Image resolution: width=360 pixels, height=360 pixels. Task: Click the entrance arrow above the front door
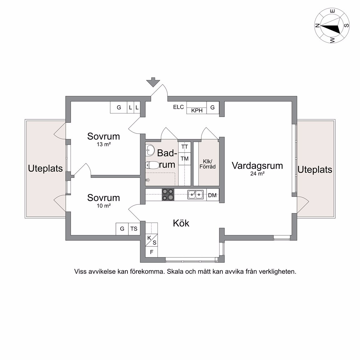tap(153, 82)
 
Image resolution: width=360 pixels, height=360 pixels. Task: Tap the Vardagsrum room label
tap(257, 166)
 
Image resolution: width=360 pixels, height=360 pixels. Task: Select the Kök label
tap(181, 223)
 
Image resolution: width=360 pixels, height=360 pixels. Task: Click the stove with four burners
tap(168, 195)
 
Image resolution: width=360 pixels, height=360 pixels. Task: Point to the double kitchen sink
tap(195, 194)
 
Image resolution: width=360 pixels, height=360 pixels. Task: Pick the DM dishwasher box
tap(212, 195)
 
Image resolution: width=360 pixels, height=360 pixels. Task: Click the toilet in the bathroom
tap(152, 165)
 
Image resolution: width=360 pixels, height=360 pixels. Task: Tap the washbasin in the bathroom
tap(150, 150)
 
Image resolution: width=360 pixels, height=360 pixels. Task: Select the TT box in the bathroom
tap(184, 147)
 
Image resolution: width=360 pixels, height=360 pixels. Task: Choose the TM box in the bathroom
tap(184, 158)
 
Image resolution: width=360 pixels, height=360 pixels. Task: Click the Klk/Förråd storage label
tap(207, 164)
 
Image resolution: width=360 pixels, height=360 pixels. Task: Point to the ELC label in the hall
tap(178, 107)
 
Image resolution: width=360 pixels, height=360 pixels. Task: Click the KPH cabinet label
tap(197, 110)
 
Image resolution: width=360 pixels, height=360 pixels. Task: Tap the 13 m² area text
tap(103, 144)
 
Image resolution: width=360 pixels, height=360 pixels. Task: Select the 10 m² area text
tap(103, 206)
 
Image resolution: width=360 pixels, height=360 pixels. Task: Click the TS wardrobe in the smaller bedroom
tap(134, 229)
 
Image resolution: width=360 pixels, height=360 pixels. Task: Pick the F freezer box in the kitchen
tap(152, 252)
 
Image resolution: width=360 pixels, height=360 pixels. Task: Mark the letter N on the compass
tap(317, 26)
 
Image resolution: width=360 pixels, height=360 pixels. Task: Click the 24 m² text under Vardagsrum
tap(257, 173)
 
